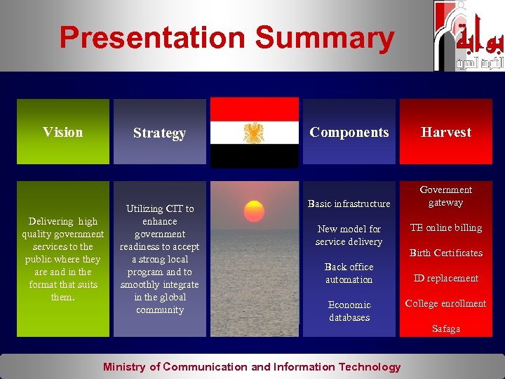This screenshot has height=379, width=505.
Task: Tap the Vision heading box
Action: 63,132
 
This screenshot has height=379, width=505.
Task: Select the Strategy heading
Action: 159,133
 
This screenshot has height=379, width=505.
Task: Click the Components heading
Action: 349,132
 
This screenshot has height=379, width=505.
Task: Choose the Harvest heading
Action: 446,132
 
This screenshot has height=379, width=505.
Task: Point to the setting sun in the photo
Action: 254,211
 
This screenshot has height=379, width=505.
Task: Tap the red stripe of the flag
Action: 255,109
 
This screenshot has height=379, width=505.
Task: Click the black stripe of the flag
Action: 255,155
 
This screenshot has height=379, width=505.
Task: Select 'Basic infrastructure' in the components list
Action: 349,204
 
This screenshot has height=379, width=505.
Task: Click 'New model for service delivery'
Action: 349,235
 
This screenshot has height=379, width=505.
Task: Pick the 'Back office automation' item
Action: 349,273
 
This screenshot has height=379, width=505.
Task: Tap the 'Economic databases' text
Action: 349,311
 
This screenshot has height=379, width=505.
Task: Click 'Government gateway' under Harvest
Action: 446,196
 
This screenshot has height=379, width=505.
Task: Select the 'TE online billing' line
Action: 446,227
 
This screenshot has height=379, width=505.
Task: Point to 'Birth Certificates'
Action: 446,253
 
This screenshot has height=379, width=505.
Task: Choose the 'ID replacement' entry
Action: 446,278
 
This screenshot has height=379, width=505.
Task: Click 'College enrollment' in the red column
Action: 446,303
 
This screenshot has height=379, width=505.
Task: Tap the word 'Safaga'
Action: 446,328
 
